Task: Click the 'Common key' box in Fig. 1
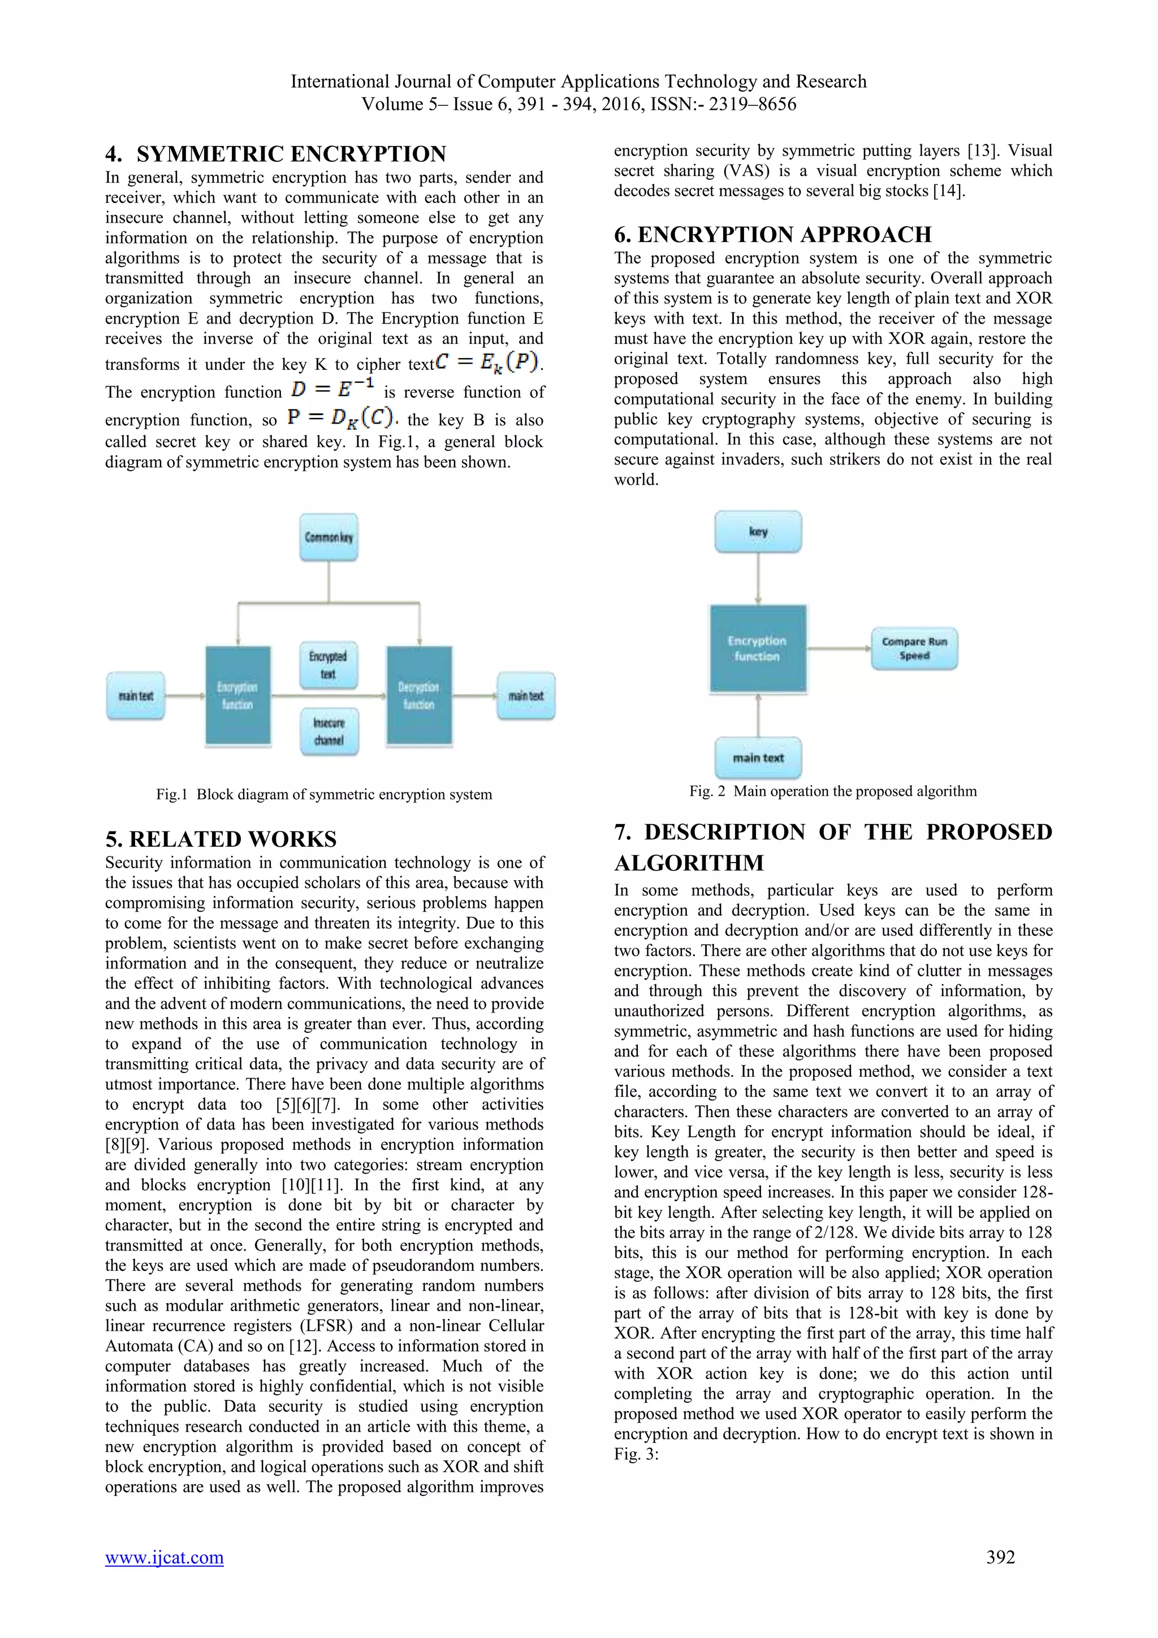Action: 329,537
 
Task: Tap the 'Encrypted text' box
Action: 329,665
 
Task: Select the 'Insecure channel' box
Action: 329,731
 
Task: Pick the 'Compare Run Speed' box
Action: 914,649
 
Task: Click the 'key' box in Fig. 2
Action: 758,532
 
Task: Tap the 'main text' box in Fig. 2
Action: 758,758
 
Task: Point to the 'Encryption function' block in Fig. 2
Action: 757,649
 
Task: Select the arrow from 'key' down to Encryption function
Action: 758,579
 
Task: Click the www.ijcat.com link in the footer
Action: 164,1557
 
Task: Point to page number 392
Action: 1000,1557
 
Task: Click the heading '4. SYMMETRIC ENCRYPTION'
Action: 275,154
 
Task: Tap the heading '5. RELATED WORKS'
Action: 221,839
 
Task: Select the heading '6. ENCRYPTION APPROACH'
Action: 773,235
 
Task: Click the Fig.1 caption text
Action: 324,795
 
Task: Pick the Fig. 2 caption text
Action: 832,791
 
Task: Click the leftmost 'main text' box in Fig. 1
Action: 136,696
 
